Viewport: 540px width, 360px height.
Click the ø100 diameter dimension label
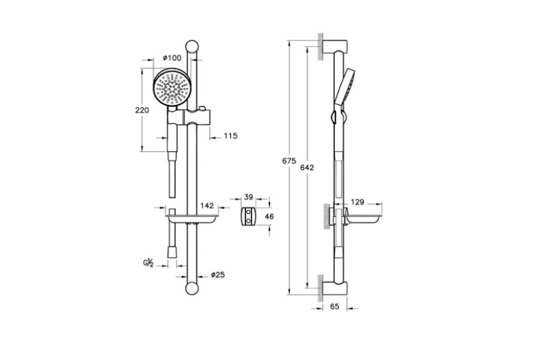coord(172,57)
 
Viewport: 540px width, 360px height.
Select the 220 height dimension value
coord(142,110)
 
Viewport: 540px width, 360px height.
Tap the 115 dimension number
coord(230,136)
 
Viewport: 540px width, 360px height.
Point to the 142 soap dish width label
coord(207,206)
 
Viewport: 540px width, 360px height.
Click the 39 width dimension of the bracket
coord(248,197)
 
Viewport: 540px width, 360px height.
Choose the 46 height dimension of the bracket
coord(269,217)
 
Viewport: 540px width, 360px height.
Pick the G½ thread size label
coord(148,263)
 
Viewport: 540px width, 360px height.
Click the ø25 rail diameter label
coord(218,275)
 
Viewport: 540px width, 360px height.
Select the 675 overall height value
coord(289,161)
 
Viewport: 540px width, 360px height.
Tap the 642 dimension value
coord(307,167)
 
